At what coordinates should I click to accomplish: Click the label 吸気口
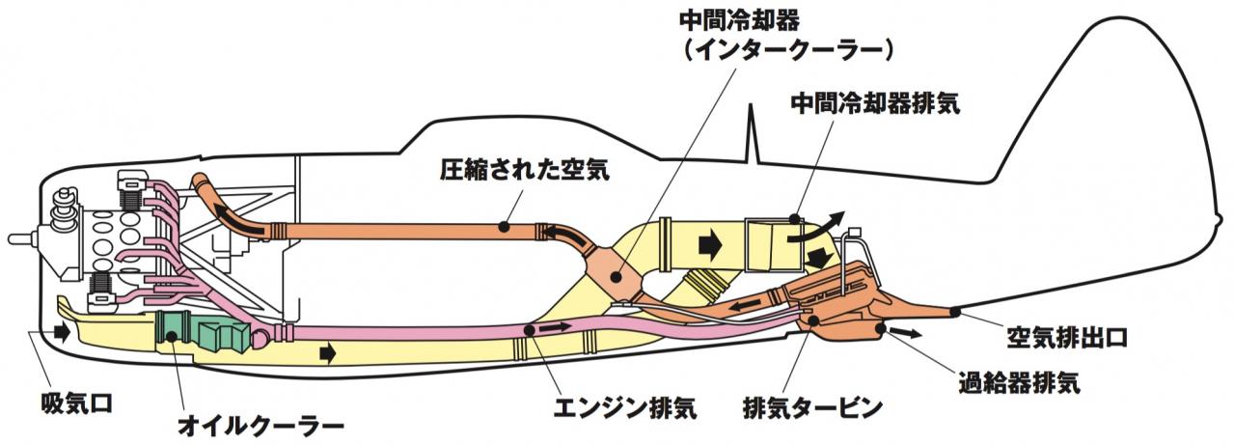pyautogui.click(x=77, y=403)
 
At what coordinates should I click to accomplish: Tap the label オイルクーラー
pyautogui.click(x=261, y=427)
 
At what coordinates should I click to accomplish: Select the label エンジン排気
pyautogui.click(x=624, y=408)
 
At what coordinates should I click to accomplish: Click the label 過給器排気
pyautogui.click(x=1019, y=381)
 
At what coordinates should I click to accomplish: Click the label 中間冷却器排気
pyautogui.click(x=875, y=102)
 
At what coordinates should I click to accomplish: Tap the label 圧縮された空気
pyautogui.click(x=525, y=169)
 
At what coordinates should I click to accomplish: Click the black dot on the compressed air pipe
pyautogui.click(x=503, y=226)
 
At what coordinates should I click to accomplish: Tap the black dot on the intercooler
pyautogui.click(x=617, y=277)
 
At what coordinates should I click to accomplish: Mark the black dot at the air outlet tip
pyautogui.click(x=955, y=313)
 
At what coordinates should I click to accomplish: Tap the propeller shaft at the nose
pyautogui.click(x=20, y=238)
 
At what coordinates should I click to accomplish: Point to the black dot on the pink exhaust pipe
pyautogui.click(x=529, y=330)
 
